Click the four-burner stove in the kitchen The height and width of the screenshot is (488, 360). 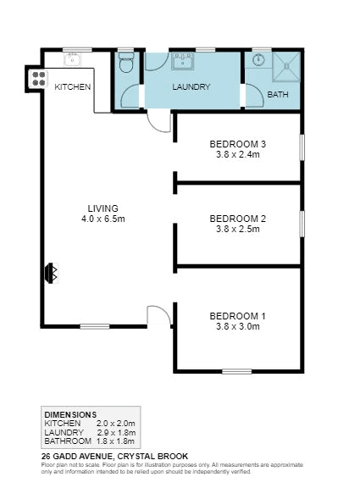[x=39, y=79]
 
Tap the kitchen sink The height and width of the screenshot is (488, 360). [x=73, y=59]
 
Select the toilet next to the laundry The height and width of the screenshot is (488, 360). [x=126, y=62]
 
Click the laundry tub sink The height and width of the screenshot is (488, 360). [x=183, y=61]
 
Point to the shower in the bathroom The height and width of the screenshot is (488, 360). [x=286, y=67]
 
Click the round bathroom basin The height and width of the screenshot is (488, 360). [x=258, y=59]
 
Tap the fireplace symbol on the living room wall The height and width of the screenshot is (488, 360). [x=52, y=273]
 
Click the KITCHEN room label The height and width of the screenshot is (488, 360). [x=73, y=86]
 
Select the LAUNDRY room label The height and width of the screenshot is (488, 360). [x=191, y=86]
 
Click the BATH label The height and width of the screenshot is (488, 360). [x=278, y=94]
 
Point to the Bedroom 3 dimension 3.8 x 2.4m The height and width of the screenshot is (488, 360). [x=238, y=154]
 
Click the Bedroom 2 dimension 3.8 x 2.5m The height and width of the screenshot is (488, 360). [x=238, y=229]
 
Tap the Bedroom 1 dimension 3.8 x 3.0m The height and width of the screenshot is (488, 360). [x=238, y=326]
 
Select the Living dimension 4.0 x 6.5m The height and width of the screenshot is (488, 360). [x=103, y=219]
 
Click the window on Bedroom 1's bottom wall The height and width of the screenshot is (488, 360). [x=237, y=371]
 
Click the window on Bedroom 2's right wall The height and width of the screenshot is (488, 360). [x=302, y=224]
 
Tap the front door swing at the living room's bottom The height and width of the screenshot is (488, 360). [x=158, y=315]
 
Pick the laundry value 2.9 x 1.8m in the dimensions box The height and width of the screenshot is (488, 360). [x=116, y=433]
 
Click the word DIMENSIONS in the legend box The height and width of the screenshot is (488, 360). [x=70, y=415]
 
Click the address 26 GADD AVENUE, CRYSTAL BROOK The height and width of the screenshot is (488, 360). [x=114, y=457]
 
